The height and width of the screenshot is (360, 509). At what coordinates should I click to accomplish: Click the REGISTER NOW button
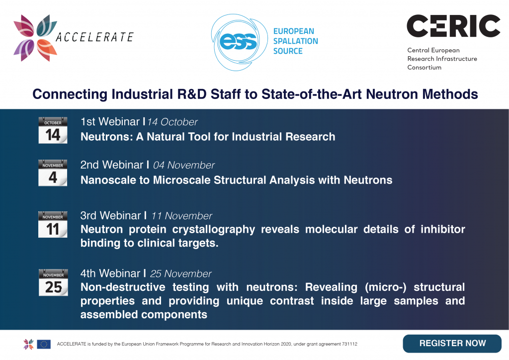click(452, 344)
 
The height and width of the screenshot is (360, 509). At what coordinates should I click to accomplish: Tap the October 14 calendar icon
click(53, 130)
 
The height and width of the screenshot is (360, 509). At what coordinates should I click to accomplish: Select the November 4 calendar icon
click(53, 173)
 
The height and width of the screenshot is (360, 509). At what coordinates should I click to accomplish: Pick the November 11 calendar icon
click(53, 224)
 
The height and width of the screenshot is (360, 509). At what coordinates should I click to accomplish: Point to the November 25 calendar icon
click(53, 282)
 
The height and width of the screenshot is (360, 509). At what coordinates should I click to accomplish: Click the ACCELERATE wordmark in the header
click(94, 37)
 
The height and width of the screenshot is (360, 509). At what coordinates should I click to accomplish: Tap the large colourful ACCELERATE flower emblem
click(35, 38)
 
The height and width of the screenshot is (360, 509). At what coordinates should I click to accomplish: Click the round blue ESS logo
click(239, 42)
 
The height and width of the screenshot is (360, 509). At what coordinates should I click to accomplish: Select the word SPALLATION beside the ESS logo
click(295, 41)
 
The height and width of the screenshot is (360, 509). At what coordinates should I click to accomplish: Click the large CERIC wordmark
click(453, 26)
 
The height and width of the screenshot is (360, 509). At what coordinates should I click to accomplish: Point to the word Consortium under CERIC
click(424, 68)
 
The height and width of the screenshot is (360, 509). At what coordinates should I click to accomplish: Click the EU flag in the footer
click(44, 344)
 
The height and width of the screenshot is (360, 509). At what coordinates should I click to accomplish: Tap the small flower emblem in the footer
click(28, 344)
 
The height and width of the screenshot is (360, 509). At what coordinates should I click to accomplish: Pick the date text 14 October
click(172, 122)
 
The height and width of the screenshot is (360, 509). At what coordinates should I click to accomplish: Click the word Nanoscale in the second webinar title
click(108, 180)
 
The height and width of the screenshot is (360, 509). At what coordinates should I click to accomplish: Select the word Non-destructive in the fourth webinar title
click(123, 287)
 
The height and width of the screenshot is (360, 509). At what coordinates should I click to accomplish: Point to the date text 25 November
click(181, 274)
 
